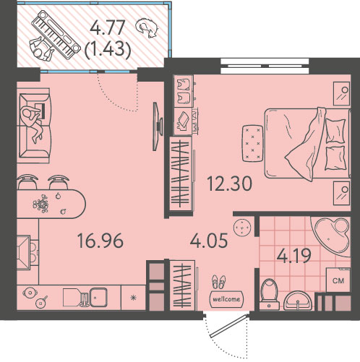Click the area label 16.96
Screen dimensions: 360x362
(100, 241)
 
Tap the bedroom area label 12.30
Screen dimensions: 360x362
(229, 184)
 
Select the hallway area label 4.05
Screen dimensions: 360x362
(209, 240)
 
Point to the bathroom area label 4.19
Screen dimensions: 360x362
(293, 256)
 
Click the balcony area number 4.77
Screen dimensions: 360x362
(108, 28)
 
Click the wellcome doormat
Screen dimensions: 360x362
(226, 299)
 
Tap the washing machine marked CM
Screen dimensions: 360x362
(338, 280)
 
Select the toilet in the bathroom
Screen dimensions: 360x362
(269, 294)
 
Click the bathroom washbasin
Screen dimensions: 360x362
(298, 301)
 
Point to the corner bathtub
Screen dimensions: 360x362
(330, 237)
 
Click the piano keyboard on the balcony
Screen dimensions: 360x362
(56, 35)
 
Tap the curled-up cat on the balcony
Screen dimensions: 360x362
(147, 28)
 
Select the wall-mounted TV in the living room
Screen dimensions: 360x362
(158, 126)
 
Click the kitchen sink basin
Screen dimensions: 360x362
(98, 297)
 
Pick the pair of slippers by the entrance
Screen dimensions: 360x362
(219, 282)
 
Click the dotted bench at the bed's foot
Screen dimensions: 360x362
(253, 143)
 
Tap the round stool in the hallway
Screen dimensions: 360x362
(242, 228)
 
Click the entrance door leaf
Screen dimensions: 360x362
(228, 326)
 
